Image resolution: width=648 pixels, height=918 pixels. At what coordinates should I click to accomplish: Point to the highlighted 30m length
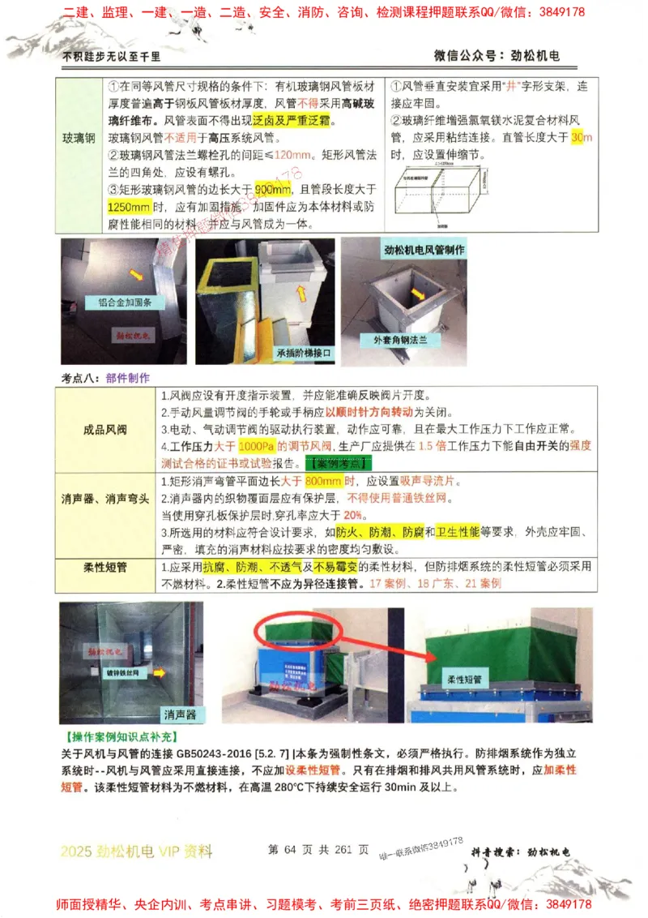coord(581,138)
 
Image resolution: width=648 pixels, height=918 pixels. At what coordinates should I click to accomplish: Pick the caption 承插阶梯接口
coord(305,353)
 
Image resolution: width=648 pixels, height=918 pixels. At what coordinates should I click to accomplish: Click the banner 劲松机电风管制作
coord(424,251)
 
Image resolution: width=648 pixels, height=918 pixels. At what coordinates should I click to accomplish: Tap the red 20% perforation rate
coord(353,515)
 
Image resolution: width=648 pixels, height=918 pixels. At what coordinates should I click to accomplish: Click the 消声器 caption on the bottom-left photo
coord(179,714)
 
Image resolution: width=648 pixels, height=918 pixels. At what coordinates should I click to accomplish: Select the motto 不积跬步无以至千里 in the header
coord(112,57)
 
